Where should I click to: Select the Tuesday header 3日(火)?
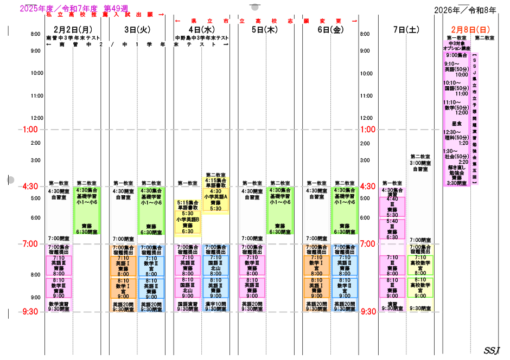point(137,29)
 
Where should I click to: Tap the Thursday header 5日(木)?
point(265,30)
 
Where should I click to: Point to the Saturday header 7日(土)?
point(406,30)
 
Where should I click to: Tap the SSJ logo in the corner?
point(492,350)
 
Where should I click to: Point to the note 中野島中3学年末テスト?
point(202,38)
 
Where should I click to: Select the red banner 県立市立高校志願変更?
point(266,21)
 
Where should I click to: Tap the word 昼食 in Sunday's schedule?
point(456,124)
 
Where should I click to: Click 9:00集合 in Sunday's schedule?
point(456,55)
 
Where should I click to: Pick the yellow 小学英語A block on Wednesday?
point(215,197)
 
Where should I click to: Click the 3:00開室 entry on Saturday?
point(420,163)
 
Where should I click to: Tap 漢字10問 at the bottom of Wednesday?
point(216,304)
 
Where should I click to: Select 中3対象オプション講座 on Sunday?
point(456,46)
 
